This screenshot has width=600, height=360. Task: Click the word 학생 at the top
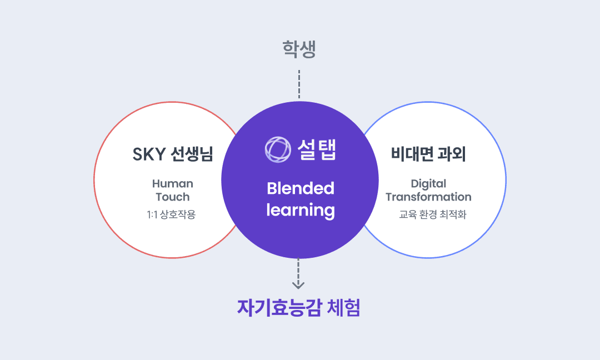coord(299,50)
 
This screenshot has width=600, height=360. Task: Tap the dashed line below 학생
coord(299,84)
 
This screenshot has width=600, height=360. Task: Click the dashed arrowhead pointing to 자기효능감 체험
coord(299,284)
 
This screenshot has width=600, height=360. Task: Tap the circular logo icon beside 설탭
coord(278,149)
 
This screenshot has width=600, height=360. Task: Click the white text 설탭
coord(317,149)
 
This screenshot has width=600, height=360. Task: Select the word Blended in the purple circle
coord(300,188)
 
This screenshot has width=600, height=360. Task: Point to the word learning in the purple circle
coord(300,211)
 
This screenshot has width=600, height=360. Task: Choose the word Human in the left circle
coord(173,183)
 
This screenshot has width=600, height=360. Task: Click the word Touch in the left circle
coord(173,197)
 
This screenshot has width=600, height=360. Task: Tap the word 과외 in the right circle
coord(453,154)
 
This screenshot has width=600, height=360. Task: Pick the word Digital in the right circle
coord(428,183)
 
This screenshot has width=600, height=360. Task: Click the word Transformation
coord(428,197)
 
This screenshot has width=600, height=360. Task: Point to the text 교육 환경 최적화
coord(432,214)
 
